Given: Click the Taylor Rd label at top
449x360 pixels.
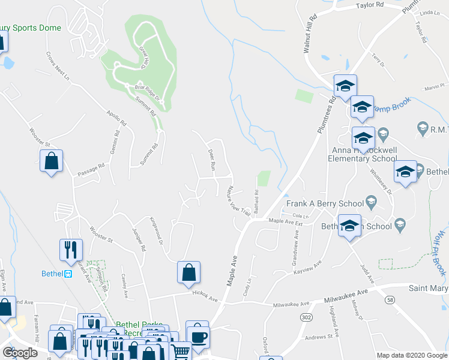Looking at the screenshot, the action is pyautogui.click(x=370, y=5).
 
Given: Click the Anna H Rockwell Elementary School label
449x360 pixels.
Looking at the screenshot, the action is pyautogui.click(x=361, y=154).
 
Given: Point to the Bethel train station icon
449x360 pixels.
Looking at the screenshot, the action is pyautogui.click(x=68, y=274).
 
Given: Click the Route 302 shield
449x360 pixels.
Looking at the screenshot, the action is pyautogui.click(x=306, y=317).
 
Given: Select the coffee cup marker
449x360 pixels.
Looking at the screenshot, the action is pyautogui.click(x=197, y=335).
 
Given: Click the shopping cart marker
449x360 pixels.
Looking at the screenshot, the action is pyautogui.click(x=181, y=351).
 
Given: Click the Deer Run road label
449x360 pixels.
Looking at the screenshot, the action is pyautogui.click(x=211, y=158).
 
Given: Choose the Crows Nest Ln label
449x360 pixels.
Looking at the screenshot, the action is pyautogui.click(x=58, y=67).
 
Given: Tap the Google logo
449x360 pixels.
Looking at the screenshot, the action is pyautogui.click(x=20, y=352).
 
